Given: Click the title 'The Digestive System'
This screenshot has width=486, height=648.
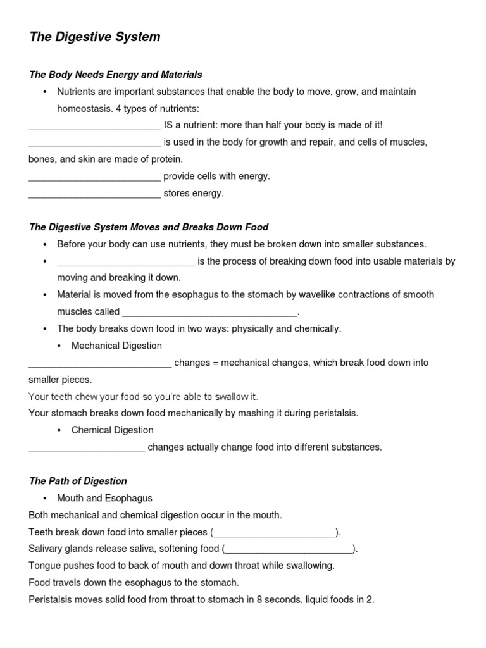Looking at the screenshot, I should tap(95, 37).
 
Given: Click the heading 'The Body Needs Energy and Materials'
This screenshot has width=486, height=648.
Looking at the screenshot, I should tap(116, 75).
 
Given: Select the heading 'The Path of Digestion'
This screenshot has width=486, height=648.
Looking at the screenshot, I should tap(78, 481).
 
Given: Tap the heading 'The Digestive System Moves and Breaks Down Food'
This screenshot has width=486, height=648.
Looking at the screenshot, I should tap(149, 227).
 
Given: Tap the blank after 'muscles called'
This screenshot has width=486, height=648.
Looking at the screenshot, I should tap(209, 313).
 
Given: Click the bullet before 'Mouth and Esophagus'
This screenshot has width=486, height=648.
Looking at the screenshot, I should tap(45, 498).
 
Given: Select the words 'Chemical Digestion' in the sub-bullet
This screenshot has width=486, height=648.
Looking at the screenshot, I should tap(112, 430).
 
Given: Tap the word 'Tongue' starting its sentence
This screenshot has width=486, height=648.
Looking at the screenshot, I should tap(44, 565).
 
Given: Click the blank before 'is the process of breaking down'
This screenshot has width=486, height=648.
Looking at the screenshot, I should tap(126, 262).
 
